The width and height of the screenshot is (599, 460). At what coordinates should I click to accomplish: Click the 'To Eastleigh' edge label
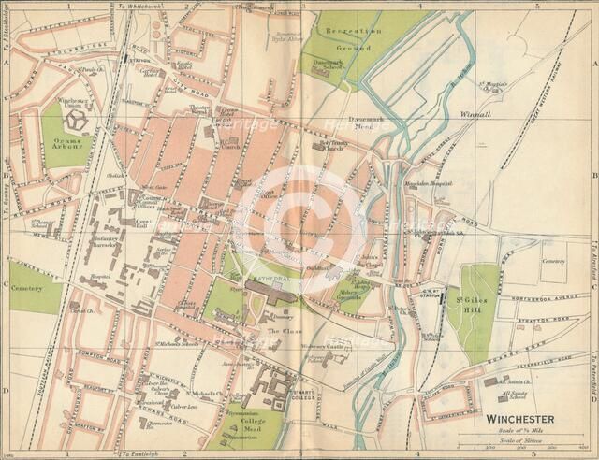click(x=142, y=454)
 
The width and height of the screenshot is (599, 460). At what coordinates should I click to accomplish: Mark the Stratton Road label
click(x=543, y=304)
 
